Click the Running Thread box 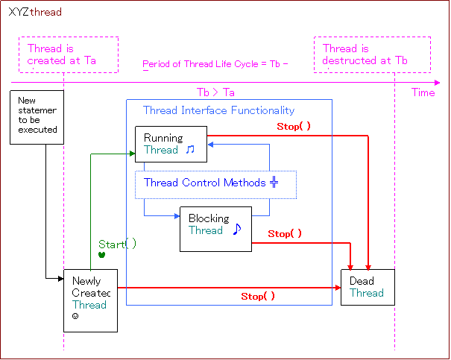tap(171, 144)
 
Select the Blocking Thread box tap(215, 229)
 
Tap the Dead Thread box tap(368, 287)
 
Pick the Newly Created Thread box tap(90, 300)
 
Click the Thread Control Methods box tap(216, 184)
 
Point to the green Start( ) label tap(118, 244)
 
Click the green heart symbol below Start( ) tap(101, 255)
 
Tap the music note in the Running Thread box tap(190, 150)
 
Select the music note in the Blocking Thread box tap(237, 229)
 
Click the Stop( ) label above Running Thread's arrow tap(294, 127)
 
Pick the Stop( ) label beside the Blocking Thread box tap(285, 234)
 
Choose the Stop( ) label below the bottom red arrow tap(258, 297)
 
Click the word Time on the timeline tap(423, 92)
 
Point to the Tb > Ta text tap(215, 92)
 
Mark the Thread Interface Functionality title tap(218, 111)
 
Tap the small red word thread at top tap(45, 13)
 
